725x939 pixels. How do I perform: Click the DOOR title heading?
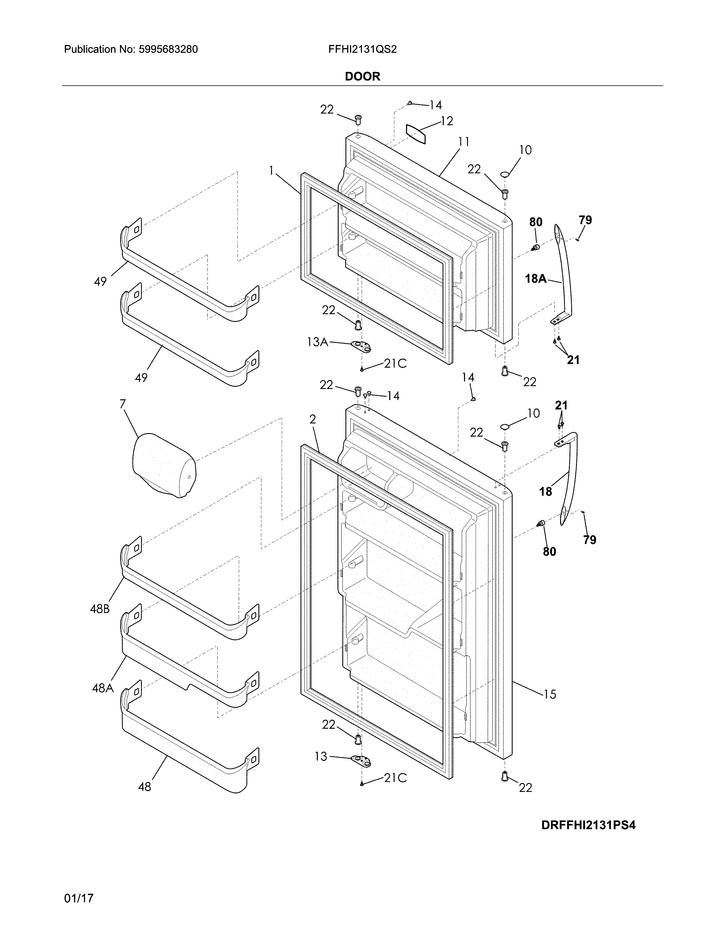[362, 77]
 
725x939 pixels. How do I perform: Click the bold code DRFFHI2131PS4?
[588, 825]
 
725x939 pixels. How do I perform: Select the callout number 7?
[123, 404]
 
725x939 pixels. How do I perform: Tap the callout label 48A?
[103, 688]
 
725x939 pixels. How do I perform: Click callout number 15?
[550, 694]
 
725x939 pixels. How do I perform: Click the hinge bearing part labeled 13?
[361, 761]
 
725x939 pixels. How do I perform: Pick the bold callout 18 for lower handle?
[546, 491]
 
